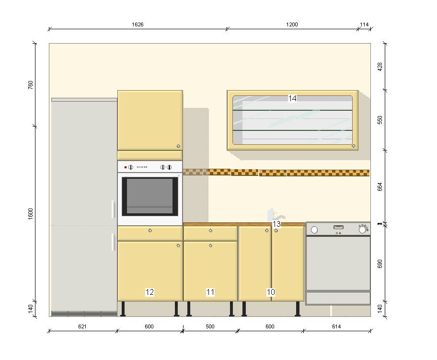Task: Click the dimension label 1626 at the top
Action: [x=138, y=24]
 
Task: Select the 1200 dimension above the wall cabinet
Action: [x=292, y=24]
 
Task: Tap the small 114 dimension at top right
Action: [x=364, y=24]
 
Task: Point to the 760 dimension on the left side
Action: [x=30, y=85]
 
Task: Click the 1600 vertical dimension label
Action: [x=30, y=214]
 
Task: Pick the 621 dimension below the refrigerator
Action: [x=82, y=326]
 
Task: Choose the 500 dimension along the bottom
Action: [x=210, y=326]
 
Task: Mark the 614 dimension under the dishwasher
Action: [x=336, y=326]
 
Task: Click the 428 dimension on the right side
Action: [x=380, y=67]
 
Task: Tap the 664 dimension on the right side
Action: [x=380, y=186]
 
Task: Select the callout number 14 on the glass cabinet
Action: [x=292, y=98]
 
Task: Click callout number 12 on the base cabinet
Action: [x=149, y=292]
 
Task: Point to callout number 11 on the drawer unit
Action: [x=210, y=292]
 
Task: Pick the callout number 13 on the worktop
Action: [x=276, y=224]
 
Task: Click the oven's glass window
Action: [x=150, y=197]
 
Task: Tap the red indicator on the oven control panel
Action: [x=126, y=167]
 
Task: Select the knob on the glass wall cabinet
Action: [x=354, y=146]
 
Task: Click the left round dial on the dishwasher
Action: [x=314, y=230]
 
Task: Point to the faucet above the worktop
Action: [x=275, y=215]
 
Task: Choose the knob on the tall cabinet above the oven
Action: [x=178, y=146]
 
